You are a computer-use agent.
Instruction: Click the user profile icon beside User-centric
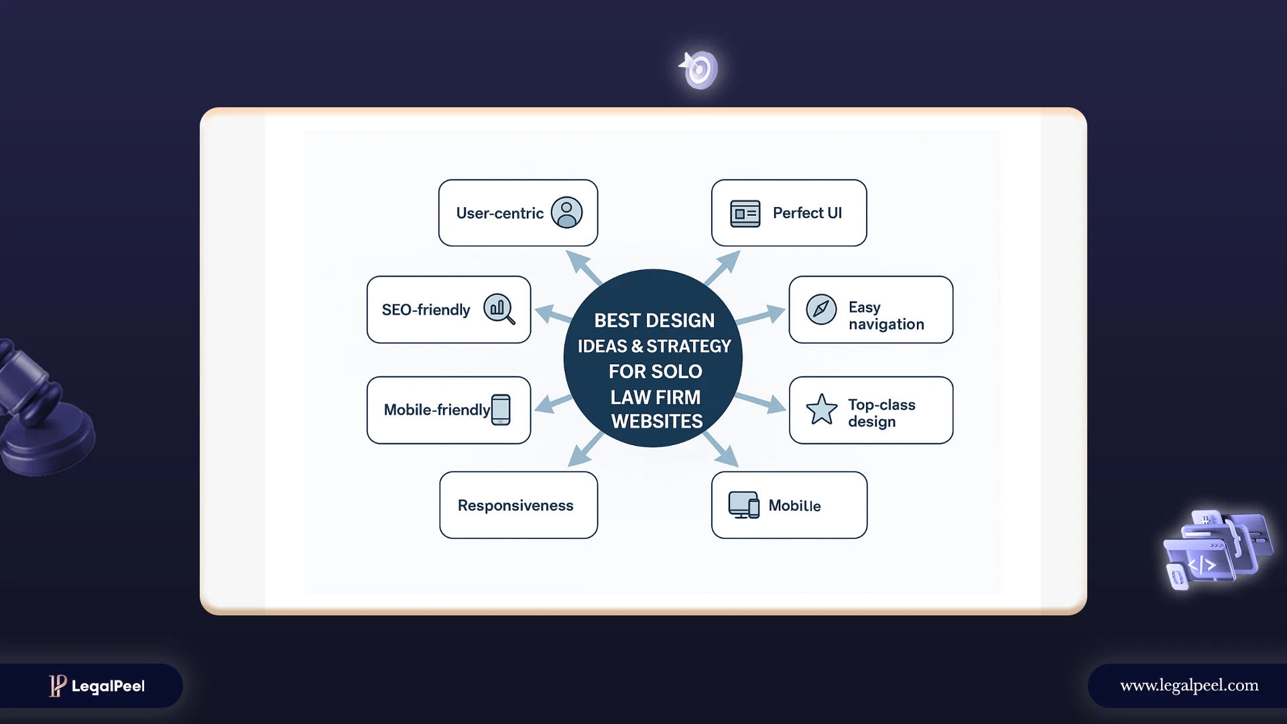[566, 213]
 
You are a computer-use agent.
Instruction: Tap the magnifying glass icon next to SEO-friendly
[499, 309]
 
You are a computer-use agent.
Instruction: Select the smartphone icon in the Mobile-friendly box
[501, 410]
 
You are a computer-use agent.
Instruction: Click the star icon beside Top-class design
[821, 410]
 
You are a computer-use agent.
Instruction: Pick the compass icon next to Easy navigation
[821, 309]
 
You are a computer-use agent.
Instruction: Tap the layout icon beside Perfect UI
[745, 213]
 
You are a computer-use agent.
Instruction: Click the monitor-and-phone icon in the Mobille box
[744, 505]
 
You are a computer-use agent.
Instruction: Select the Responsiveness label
[515, 505]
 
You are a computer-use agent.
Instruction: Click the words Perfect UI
[807, 213]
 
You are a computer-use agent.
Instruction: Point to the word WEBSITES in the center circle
[657, 422]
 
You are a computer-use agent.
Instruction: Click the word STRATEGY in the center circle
[688, 347]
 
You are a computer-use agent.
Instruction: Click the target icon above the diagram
[699, 69]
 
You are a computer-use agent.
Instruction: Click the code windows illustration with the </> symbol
[1216, 550]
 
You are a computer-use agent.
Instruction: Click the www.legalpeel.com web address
[1189, 685]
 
